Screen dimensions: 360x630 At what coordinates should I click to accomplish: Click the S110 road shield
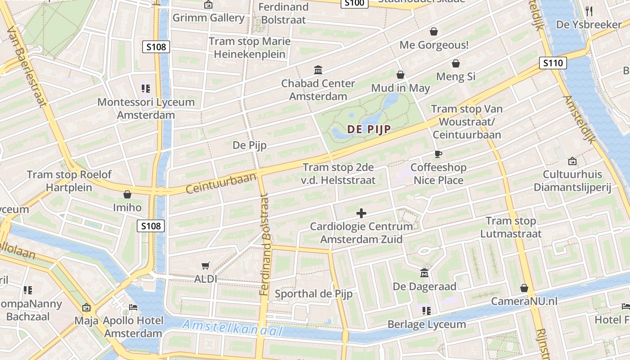coord(553,63)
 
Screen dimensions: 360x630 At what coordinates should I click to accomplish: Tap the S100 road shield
coord(354,3)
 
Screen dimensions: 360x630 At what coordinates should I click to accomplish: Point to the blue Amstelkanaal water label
coord(233,328)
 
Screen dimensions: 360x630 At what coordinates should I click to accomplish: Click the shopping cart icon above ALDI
coord(206,265)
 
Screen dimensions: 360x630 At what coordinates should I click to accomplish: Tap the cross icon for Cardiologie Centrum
coord(361,213)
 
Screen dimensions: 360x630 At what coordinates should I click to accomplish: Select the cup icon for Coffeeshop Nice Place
coord(438,154)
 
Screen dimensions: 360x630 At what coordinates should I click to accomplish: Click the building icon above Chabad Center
coord(318,70)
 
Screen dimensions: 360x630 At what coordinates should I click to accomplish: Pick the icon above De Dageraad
coord(424,273)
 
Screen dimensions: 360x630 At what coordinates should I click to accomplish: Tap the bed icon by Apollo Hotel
coord(134,307)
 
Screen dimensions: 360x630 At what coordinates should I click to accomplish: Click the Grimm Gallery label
coord(208,18)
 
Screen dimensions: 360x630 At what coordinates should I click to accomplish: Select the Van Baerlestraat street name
coord(27,65)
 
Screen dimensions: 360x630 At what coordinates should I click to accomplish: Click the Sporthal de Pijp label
coord(313,294)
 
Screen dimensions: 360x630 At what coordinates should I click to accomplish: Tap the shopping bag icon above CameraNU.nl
coord(524,288)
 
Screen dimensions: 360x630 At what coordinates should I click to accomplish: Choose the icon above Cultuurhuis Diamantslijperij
coord(572,161)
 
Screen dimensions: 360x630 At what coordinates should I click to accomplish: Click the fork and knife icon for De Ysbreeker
coord(589,11)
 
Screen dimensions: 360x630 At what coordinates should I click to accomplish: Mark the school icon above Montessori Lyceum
coord(145,89)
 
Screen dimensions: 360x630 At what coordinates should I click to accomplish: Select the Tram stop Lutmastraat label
coord(511,227)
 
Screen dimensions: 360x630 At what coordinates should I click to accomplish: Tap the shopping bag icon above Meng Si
coord(456,63)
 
